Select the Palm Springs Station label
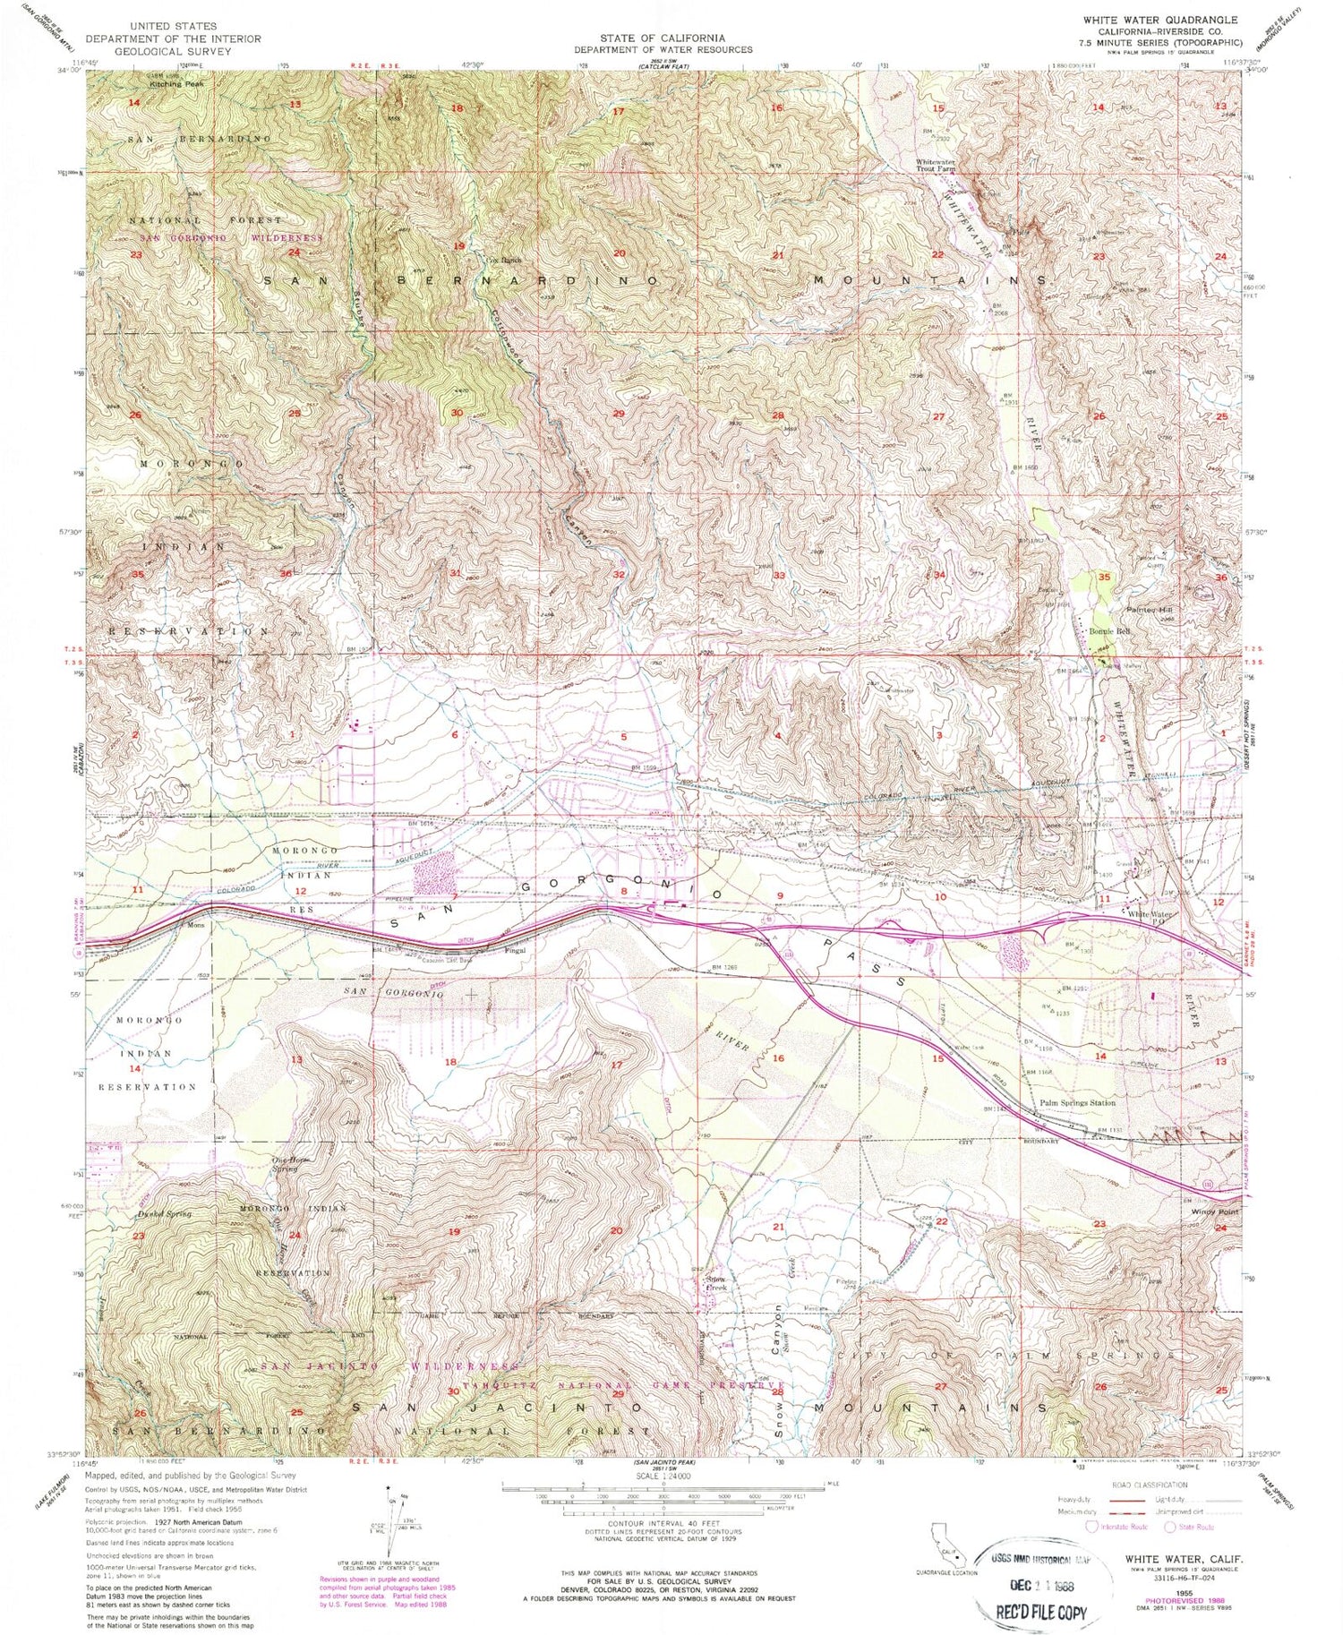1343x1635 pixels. pos(1077,1102)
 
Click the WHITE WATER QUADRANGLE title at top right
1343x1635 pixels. pos(1159,20)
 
